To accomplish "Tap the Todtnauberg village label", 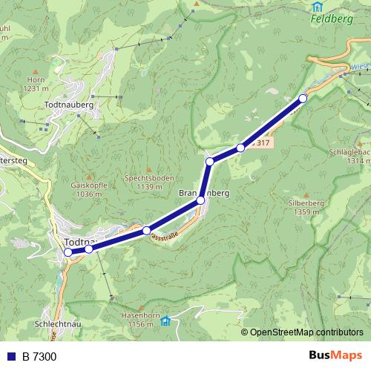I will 68,106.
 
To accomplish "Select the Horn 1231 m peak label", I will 35,84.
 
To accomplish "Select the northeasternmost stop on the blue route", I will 303,99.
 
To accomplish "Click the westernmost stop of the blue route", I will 68,252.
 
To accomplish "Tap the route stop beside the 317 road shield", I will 240,148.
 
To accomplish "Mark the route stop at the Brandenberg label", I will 200,200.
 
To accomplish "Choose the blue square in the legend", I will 10,357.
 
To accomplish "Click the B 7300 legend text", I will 39,357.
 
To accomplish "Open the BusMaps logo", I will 336,356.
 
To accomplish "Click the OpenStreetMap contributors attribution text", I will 306,332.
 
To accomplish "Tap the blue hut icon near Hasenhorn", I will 165,321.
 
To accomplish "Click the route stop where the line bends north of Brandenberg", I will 210,161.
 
